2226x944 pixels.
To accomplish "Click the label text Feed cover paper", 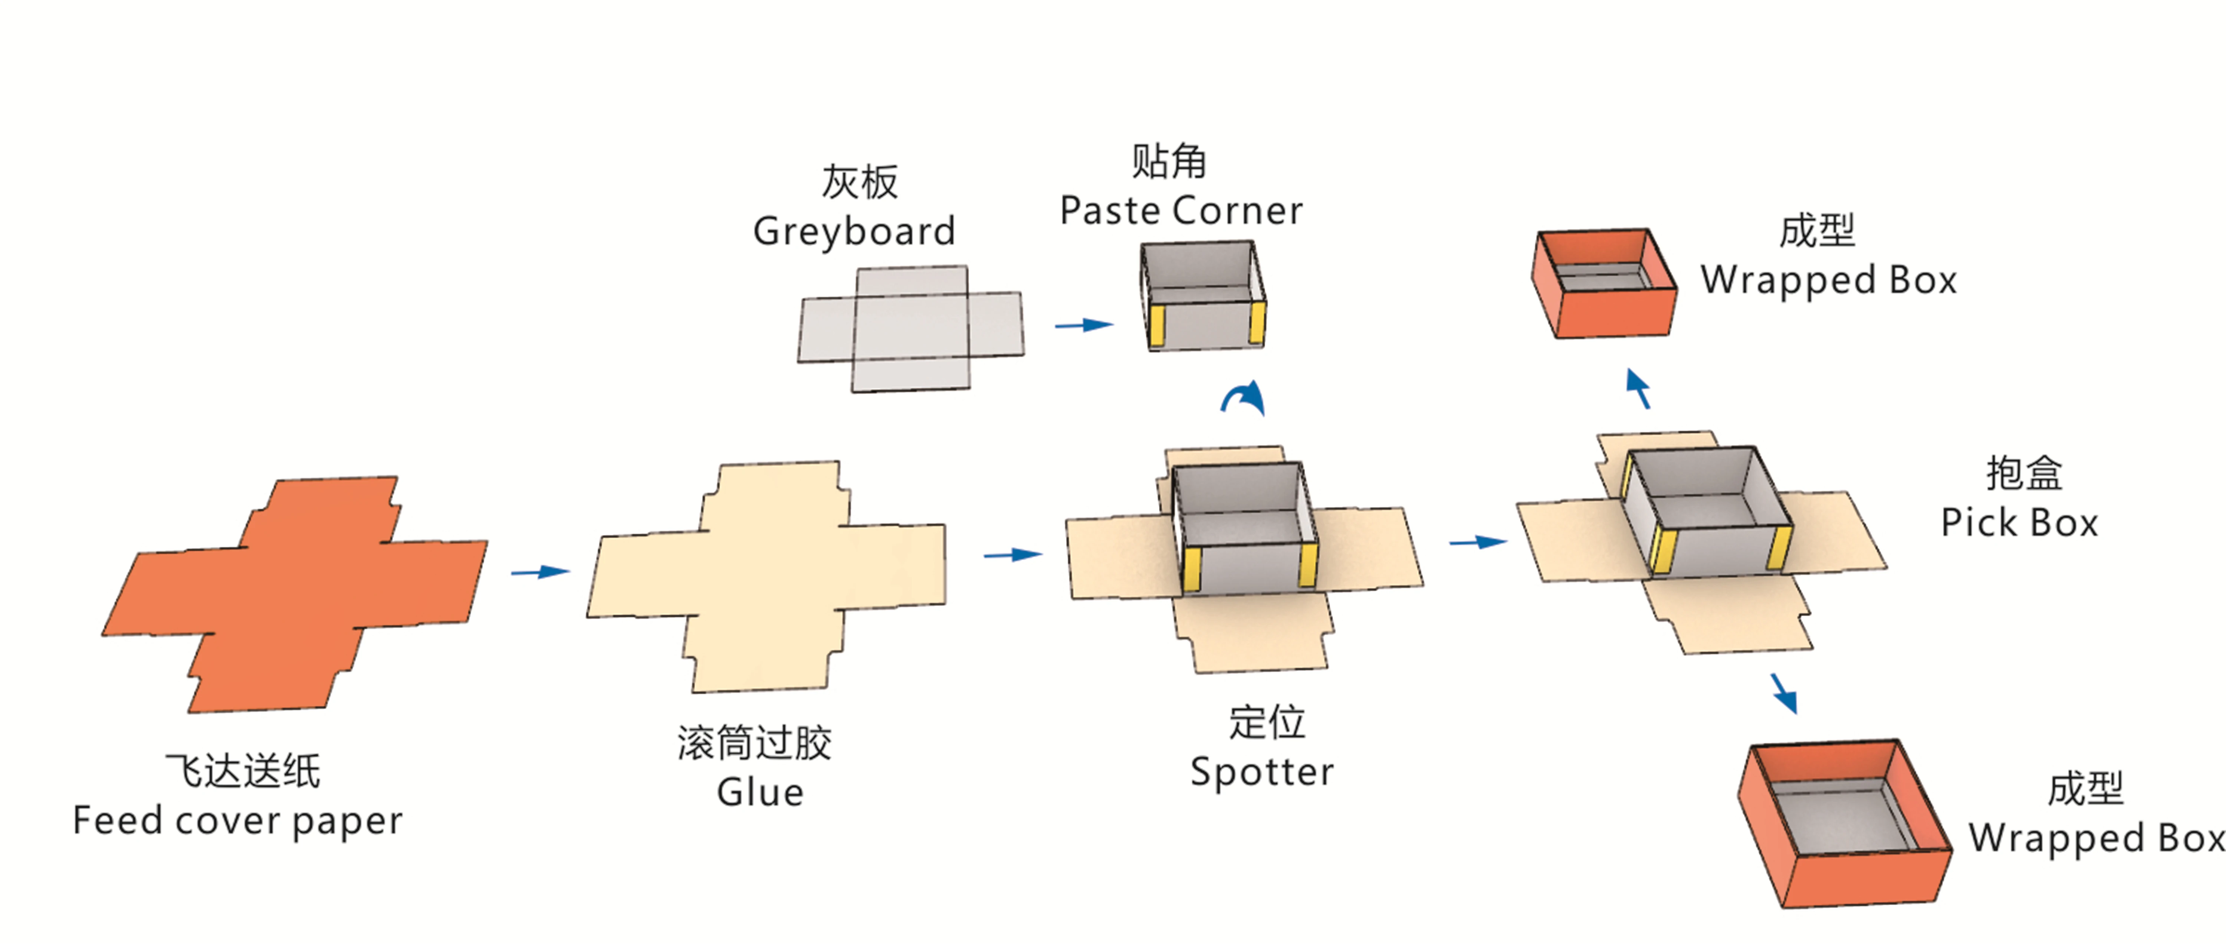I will pos(238,821).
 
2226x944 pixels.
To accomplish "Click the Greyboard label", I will pos(854,231).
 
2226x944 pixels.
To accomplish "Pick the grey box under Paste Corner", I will pos(1203,296).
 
